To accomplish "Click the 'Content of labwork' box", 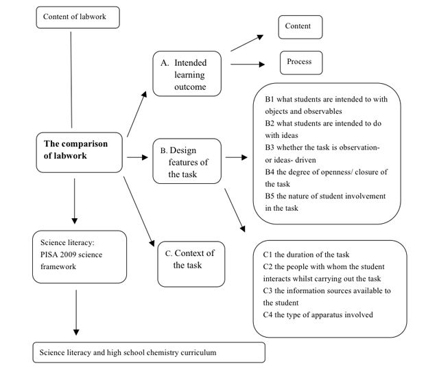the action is [78, 17].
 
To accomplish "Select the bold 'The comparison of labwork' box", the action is [80, 152].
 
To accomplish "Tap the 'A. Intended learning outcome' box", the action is [187, 73].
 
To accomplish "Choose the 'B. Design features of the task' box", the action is [187, 161].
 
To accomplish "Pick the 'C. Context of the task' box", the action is [191, 264].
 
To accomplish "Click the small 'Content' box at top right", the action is [300, 27].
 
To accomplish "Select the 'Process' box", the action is [301, 62].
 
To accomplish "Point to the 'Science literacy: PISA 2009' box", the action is [80, 257].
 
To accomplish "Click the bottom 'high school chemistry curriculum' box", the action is [149, 352].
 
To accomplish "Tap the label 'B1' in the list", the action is [270, 99].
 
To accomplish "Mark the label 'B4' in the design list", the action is [270, 172].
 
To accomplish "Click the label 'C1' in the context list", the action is [268, 255].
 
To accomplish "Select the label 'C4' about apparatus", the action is [268, 314].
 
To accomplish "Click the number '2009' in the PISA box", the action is [67, 255].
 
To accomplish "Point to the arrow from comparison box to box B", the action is [137, 157].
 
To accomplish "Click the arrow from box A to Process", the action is [248, 65].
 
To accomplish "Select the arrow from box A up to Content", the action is [247, 43].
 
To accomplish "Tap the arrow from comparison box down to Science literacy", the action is [75, 201].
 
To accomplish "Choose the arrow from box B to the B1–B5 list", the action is [236, 157].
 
